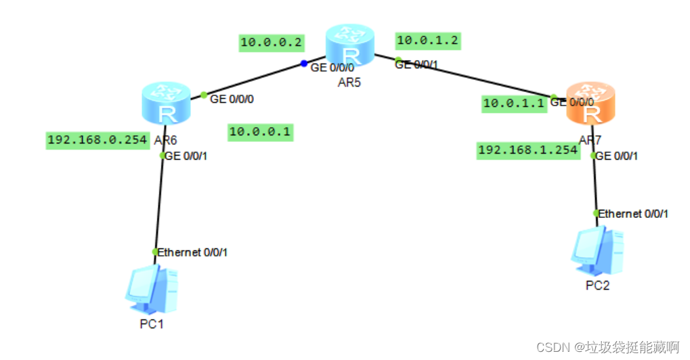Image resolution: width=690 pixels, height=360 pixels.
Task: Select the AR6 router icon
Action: click(165, 104)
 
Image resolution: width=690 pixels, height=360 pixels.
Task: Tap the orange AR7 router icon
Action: click(591, 104)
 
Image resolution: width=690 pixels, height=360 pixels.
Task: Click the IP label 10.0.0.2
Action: click(272, 42)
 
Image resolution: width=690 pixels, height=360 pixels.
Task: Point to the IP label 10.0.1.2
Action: click(428, 41)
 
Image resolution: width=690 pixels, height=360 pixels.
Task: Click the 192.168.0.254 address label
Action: click(98, 140)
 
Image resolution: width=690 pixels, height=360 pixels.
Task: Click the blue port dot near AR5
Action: click(304, 64)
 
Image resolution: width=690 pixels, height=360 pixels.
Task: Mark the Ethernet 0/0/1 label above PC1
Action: click(193, 252)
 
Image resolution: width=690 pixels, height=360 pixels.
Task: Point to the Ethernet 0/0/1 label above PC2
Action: click(634, 214)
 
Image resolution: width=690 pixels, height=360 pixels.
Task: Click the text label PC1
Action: click(152, 323)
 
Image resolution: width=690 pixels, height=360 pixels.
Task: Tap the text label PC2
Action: click(597, 285)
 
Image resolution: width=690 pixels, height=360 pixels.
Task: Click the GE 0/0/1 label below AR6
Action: click(186, 156)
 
